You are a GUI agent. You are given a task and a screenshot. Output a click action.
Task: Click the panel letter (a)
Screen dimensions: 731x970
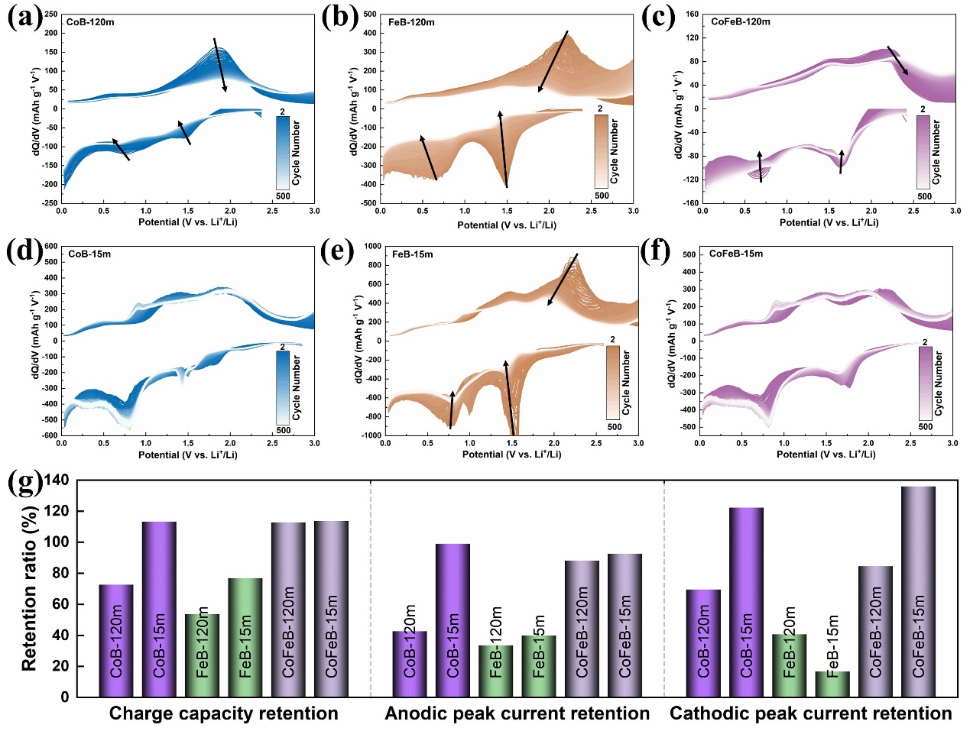(24, 17)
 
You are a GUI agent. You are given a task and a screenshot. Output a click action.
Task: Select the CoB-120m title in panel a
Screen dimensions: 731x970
(90, 22)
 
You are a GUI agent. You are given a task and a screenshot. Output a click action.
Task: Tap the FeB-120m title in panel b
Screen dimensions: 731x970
(411, 22)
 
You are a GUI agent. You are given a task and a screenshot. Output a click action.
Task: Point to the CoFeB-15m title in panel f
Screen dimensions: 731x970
(735, 254)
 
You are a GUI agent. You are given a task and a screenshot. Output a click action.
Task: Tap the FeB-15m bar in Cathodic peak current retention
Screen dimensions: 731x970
(832, 684)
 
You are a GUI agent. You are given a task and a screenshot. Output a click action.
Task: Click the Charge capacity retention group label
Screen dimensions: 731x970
(223, 713)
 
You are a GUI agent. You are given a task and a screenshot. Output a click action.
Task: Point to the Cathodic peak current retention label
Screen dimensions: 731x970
(810, 713)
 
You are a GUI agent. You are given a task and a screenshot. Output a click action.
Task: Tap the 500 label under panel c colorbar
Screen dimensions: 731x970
(924, 196)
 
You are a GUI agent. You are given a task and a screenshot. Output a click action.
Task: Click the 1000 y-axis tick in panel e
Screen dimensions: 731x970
(372, 247)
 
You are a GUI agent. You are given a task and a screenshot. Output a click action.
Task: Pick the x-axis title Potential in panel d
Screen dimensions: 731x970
(187, 454)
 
